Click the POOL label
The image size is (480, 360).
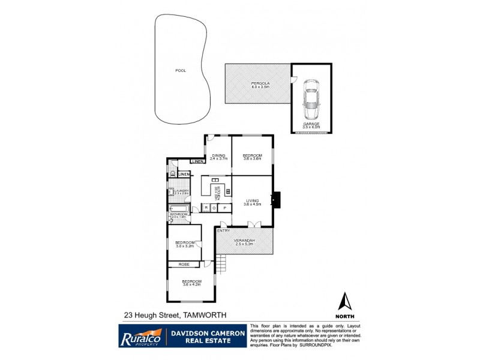pyautogui.click(x=181, y=71)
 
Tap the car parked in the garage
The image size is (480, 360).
pyautogui.click(x=311, y=100)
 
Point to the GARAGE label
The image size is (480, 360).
pyautogui.click(x=311, y=124)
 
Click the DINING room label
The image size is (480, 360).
pyautogui.click(x=219, y=155)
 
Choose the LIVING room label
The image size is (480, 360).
pyautogui.click(x=252, y=201)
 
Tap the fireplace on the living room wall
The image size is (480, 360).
pyautogui.click(x=276, y=199)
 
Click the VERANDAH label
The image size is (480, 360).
pyautogui.click(x=245, y=241)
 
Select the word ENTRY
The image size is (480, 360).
pyautogui.click(x=224, y=230)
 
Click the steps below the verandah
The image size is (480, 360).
pyautogui.click(x=223, y=262)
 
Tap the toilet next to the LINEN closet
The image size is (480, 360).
pyautogui.click(x=172, y=174)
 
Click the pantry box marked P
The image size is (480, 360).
pyautogui.click(x=225, y=208)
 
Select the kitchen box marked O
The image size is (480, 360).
pyautogui.click(x=214, y=208)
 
